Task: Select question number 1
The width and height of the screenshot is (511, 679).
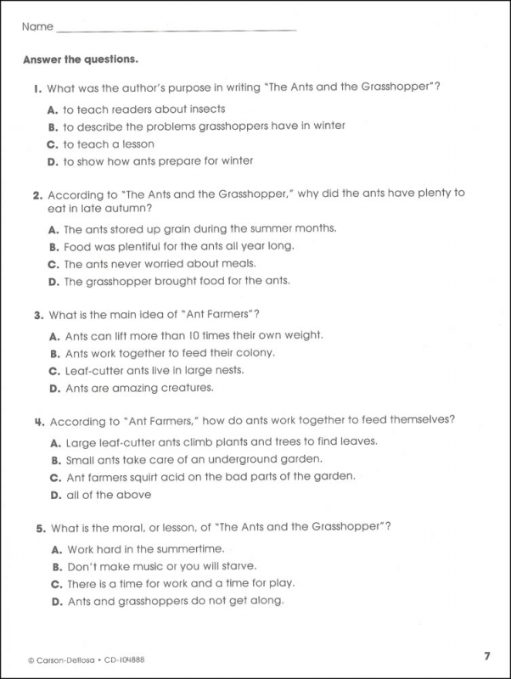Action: [38, 88]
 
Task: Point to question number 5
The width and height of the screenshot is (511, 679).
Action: [39, 528]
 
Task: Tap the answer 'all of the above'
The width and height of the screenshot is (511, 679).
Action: [107, 495]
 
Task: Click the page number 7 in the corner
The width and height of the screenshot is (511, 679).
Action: [487, 655]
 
